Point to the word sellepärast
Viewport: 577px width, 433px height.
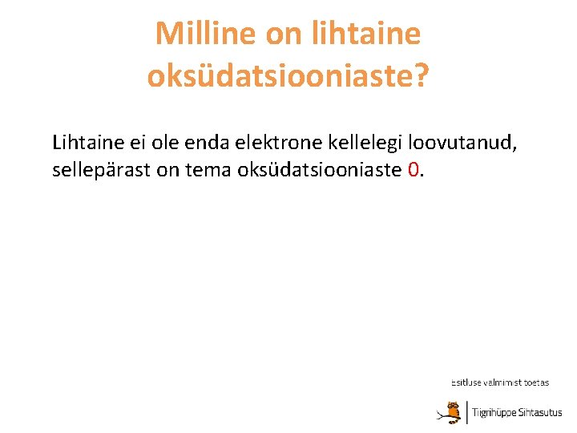(100, 171)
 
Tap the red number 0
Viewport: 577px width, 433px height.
(414, 171)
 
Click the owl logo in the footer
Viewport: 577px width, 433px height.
(451, 411)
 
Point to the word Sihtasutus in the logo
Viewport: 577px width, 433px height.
(541, 413)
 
